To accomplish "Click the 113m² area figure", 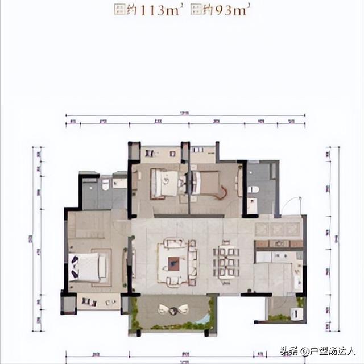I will click(153, 9).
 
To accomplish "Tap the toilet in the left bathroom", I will click(105, 185).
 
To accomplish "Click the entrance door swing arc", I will click(291, 205).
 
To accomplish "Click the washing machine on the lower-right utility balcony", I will click(296, 313).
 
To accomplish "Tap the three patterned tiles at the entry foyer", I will click(277, 229).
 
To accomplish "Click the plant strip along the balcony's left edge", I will click(135, 313).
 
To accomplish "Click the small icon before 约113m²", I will click(118, 9).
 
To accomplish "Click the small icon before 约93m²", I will click(196, 9).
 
